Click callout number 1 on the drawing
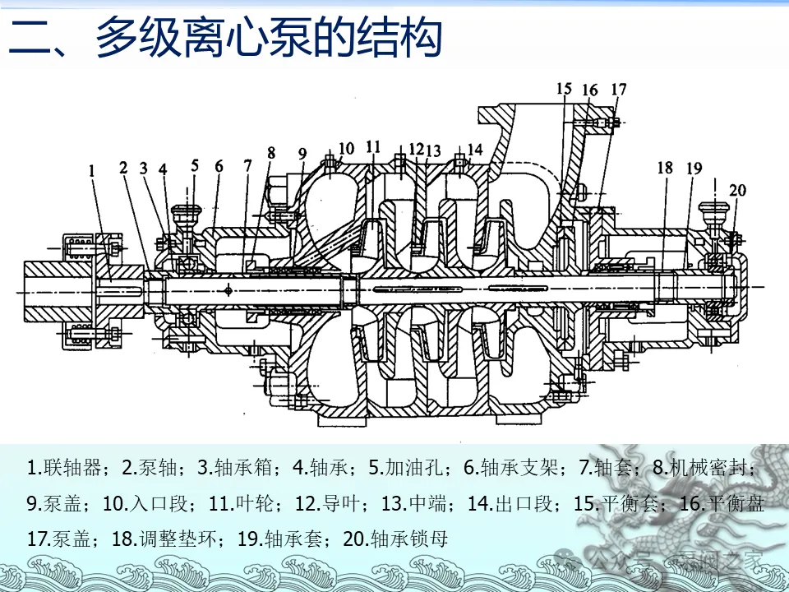tap(92, 171)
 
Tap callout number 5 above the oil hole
tap(195, 164)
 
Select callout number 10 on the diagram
tap(346, 148)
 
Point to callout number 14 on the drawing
tap(475, 149)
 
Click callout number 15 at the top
tap(563, 89)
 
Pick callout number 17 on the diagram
tap(619, 89)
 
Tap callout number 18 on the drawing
tap(664, 168)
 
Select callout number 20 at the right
tap(737, 190)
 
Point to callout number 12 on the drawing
tap(416, 149)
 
